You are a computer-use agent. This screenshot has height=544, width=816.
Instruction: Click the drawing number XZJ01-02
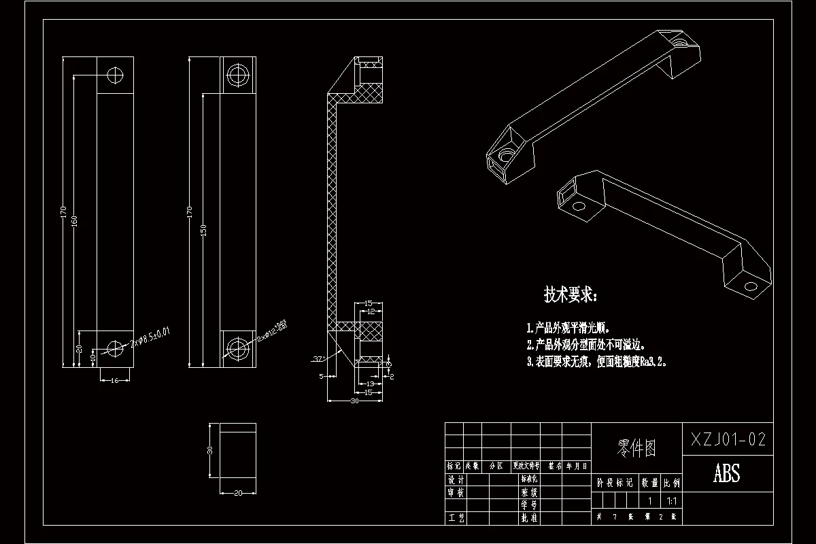[x=728, y=439]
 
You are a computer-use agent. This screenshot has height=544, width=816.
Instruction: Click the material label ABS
[x=726, y=473]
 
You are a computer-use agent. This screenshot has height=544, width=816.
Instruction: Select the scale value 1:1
[x=672, y=500]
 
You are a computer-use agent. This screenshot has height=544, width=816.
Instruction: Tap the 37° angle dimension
[x=317, y=358]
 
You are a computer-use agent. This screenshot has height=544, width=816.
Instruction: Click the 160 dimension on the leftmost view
[x=74, y=222]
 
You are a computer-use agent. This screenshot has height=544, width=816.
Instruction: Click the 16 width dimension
[x=115, y=380]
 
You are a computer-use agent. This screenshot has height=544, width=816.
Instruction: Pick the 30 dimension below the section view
[x=354, y=401]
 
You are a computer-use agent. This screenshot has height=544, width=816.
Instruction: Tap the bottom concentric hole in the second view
[x=238, y=348]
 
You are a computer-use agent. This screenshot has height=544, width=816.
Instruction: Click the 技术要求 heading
[x=571, y=294]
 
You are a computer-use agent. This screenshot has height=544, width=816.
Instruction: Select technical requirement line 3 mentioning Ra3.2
[x=596, y=362]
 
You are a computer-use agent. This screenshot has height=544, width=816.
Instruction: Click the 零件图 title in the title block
[x=636, y=447]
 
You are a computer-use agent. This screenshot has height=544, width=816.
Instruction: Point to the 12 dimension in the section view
[x=371, y=311]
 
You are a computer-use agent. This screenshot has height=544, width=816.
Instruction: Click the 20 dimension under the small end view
[x=238, y=493]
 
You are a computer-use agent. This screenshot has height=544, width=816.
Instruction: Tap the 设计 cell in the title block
[x=456, y=479]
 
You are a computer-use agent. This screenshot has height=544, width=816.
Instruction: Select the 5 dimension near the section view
[x=321, y=375]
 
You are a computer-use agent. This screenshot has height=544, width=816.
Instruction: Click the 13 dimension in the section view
[x=371, y=384]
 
